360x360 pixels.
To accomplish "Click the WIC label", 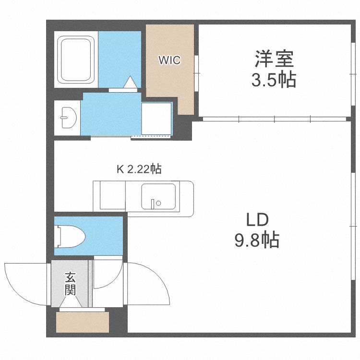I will tap(170, 60).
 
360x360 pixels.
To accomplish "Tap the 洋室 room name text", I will tap(274, 60).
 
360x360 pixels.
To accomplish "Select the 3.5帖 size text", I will tap(274, 80).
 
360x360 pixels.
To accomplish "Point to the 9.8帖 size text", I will tap(257, 240).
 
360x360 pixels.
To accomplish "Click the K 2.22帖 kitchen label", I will tap(139, 169).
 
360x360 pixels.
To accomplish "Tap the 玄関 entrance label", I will tap(70, 284).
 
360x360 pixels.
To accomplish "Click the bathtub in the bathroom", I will tap(76, 60).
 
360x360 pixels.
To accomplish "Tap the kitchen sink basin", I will tap(158, 196).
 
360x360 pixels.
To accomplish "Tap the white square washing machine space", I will tap(156, 119).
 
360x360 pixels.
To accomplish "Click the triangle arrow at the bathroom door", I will tap(130, 83).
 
